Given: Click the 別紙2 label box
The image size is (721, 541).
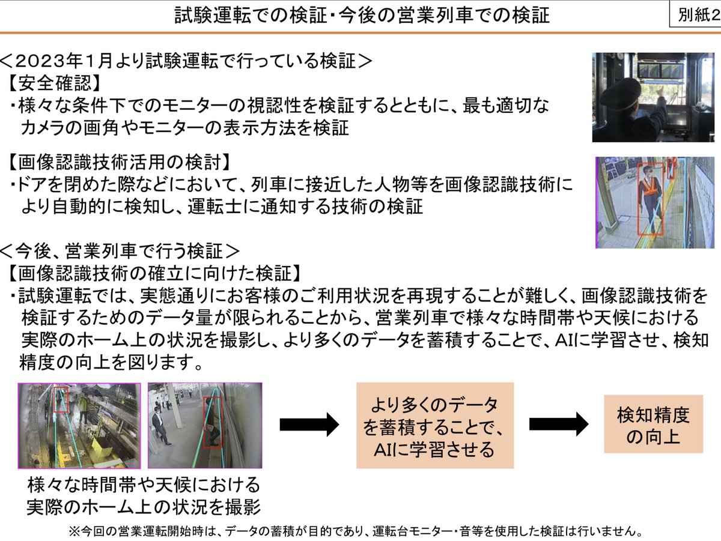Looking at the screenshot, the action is click(695, 14).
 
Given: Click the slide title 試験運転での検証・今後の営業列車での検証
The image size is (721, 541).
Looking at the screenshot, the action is click(362, 15).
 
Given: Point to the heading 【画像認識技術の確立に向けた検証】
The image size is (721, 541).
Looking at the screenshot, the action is click(153, 273).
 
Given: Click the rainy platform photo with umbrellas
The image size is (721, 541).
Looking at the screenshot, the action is click(79, 426).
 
